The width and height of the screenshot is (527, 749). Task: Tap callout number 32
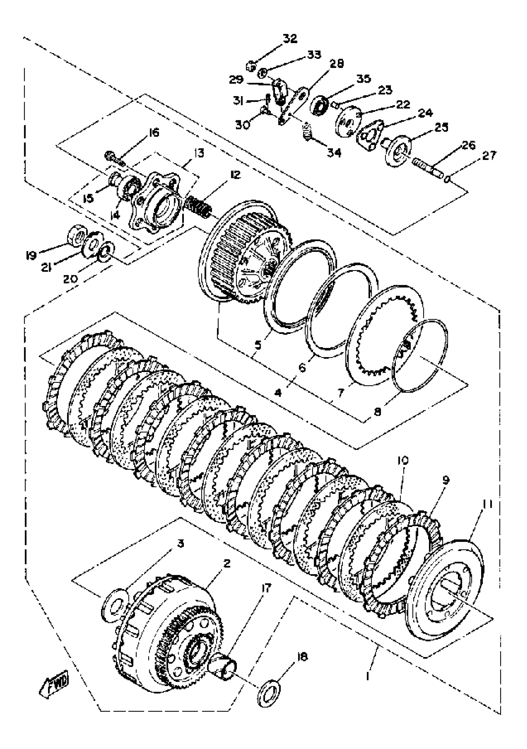[x=290, y=38]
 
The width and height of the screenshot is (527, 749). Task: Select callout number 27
[x=489, y=156]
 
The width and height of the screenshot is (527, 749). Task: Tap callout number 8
[x=377, y=412]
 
